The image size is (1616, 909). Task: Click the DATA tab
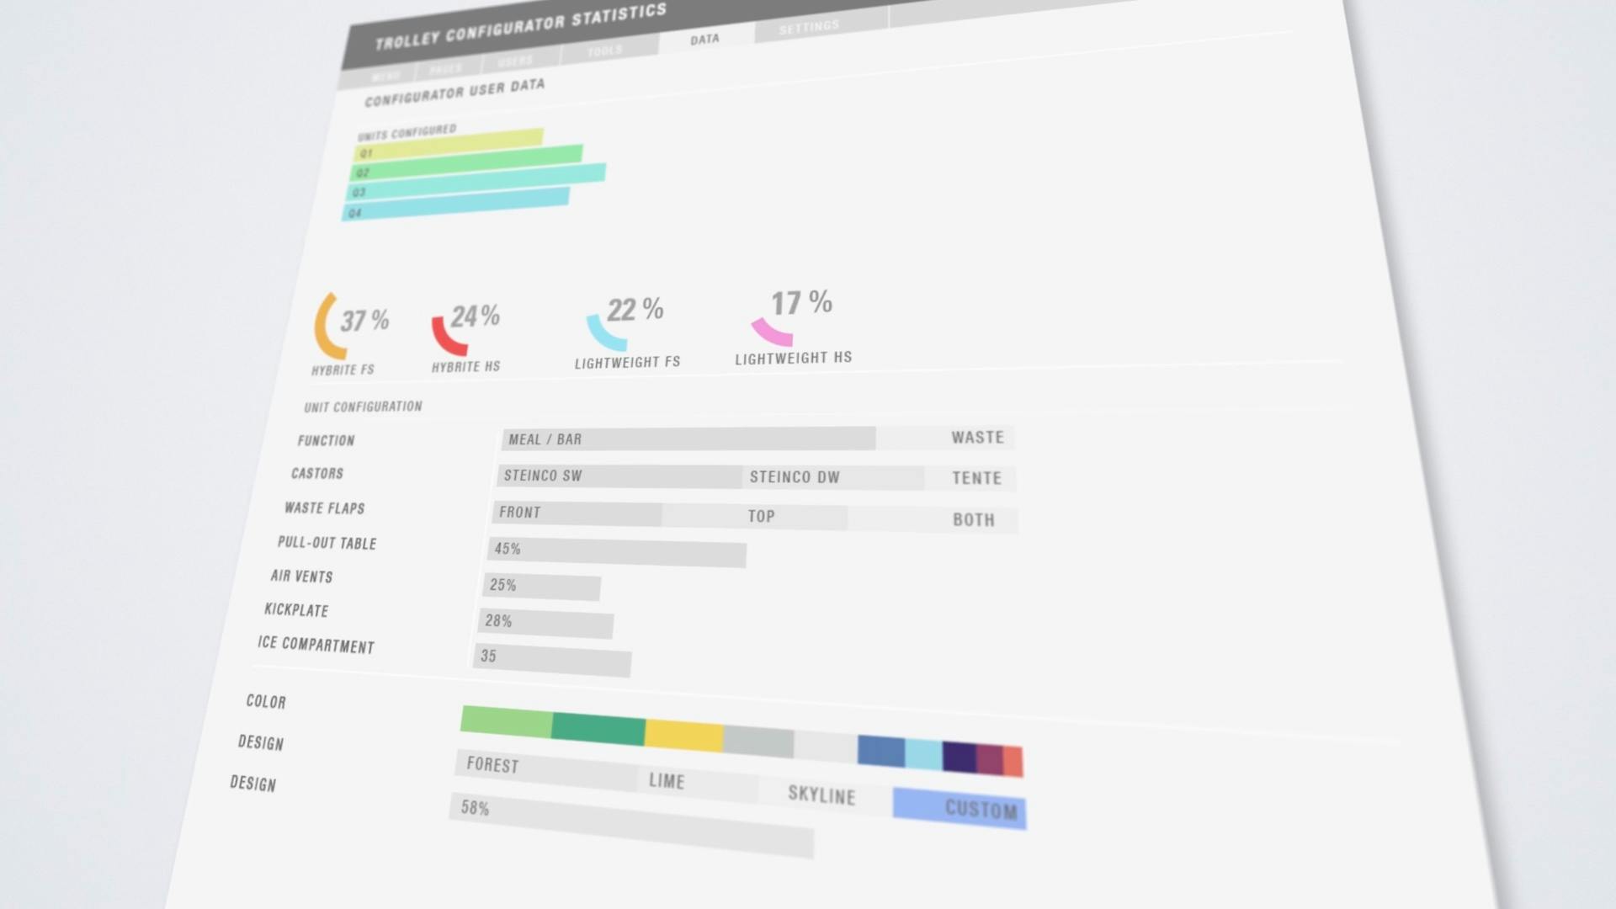coord(704,40)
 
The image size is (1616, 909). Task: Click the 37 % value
coord(364,321)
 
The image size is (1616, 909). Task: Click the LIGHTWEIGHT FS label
coord(627,363)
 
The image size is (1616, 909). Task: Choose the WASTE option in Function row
coord(977,438)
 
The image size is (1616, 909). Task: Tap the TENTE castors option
coord(976,478)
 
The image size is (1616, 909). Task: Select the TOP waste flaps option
coord(761,516)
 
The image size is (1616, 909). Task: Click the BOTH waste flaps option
coord(974,520)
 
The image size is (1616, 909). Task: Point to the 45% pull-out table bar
coord(616,552)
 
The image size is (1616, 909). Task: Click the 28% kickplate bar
coord(546,624)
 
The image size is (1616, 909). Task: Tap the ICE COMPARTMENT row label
coord(316,645)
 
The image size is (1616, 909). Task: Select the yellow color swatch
coord(683,735)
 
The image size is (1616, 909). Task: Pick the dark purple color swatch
coord(959,756)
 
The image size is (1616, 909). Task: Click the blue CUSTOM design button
coord(959,808)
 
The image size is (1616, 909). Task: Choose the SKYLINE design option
coord(821,795)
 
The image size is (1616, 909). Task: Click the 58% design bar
coord(631,825)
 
